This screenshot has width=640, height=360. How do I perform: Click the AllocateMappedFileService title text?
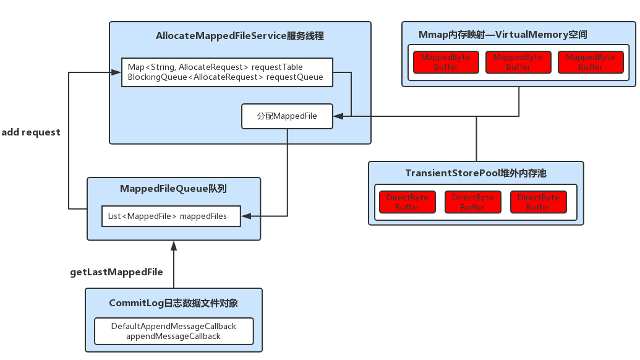click(240, 36)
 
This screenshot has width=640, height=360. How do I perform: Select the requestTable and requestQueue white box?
click(226, 72)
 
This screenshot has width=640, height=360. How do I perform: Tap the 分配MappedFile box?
click(287, 116)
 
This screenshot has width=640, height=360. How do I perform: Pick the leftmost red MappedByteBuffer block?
click(446, 62)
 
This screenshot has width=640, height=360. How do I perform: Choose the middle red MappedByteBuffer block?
click(518, 62)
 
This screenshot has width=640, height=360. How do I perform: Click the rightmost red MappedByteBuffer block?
click(591, 62)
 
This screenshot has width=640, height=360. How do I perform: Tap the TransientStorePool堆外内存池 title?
click(476, 173)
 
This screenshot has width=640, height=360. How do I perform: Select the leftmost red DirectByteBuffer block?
click(407, 202)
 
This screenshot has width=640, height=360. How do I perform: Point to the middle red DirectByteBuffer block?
click(472, 202)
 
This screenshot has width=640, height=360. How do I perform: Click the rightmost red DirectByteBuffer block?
click(538, 202)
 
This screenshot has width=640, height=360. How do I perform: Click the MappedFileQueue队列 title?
click(173, 189)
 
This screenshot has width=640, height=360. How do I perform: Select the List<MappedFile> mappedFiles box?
click(171, 216)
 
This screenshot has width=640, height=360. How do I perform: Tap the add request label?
click(31, 132)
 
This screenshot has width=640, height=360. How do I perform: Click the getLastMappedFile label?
click(117, 272)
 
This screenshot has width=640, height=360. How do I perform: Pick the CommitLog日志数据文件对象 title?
click(173, 303)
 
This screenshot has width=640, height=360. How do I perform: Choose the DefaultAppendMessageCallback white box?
click(173, 331)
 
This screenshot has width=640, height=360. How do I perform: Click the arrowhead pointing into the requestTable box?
click(116, 72)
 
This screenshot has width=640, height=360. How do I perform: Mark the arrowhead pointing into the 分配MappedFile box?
click(338, 116)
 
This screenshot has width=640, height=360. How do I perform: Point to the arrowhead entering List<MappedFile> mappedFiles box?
click(245, 216)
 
